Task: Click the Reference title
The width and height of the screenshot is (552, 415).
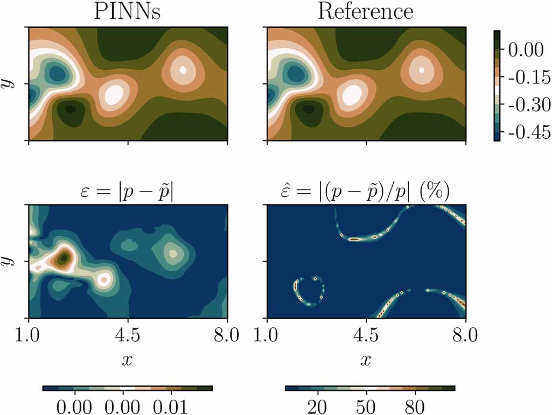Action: (x=366, y=11)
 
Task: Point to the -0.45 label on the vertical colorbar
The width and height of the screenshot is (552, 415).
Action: (x=526, y=132)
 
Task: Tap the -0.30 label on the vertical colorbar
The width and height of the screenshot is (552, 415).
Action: (x=526, y=104)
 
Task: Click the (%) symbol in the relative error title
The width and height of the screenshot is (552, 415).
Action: (x=437, y=191)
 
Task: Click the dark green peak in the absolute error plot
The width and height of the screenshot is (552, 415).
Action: (x=64, y=258)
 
